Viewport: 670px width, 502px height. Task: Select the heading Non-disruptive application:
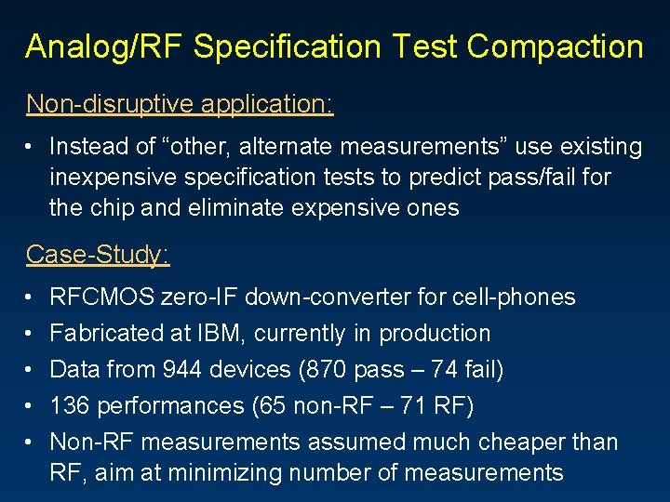pyautogui.click(x=180, y=103)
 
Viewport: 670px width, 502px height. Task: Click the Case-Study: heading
pyautogui.click(x=98, y=254)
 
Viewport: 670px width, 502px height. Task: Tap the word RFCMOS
pyautogui.click(x=102, y=297)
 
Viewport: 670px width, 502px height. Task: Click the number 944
pyautogui.click(x=182, y=370)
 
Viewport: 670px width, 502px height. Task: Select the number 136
pyautogui.click(x=70, y=406)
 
